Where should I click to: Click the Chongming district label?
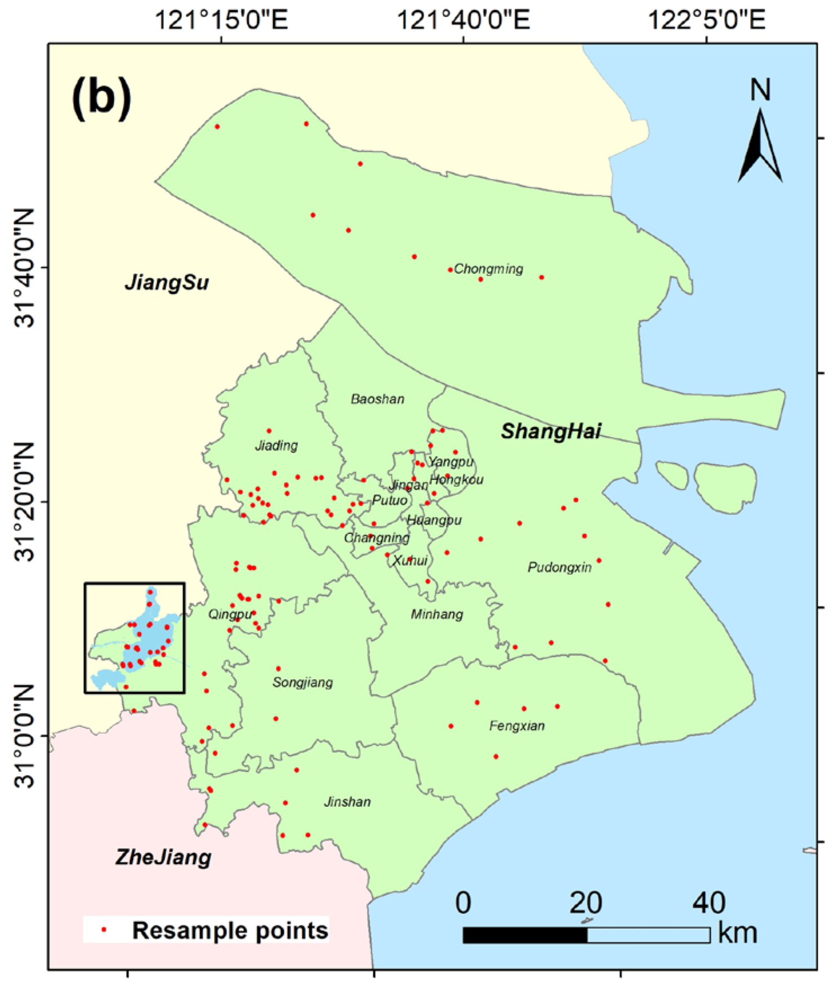488,269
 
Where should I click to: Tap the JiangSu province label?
167,282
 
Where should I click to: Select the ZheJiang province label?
163,858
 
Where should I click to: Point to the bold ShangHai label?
550,432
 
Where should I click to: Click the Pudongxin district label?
559,567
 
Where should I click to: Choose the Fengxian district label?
516,726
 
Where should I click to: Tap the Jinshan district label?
347,802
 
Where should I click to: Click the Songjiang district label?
302,683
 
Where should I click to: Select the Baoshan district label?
377,399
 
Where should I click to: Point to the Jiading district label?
276,446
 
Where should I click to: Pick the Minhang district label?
436,614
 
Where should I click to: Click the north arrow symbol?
760,145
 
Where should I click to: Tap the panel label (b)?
101,99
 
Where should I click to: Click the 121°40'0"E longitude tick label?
463,21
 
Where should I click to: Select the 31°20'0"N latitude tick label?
25,501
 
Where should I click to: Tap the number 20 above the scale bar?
586,903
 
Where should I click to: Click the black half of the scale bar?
525,935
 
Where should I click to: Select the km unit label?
737,933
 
